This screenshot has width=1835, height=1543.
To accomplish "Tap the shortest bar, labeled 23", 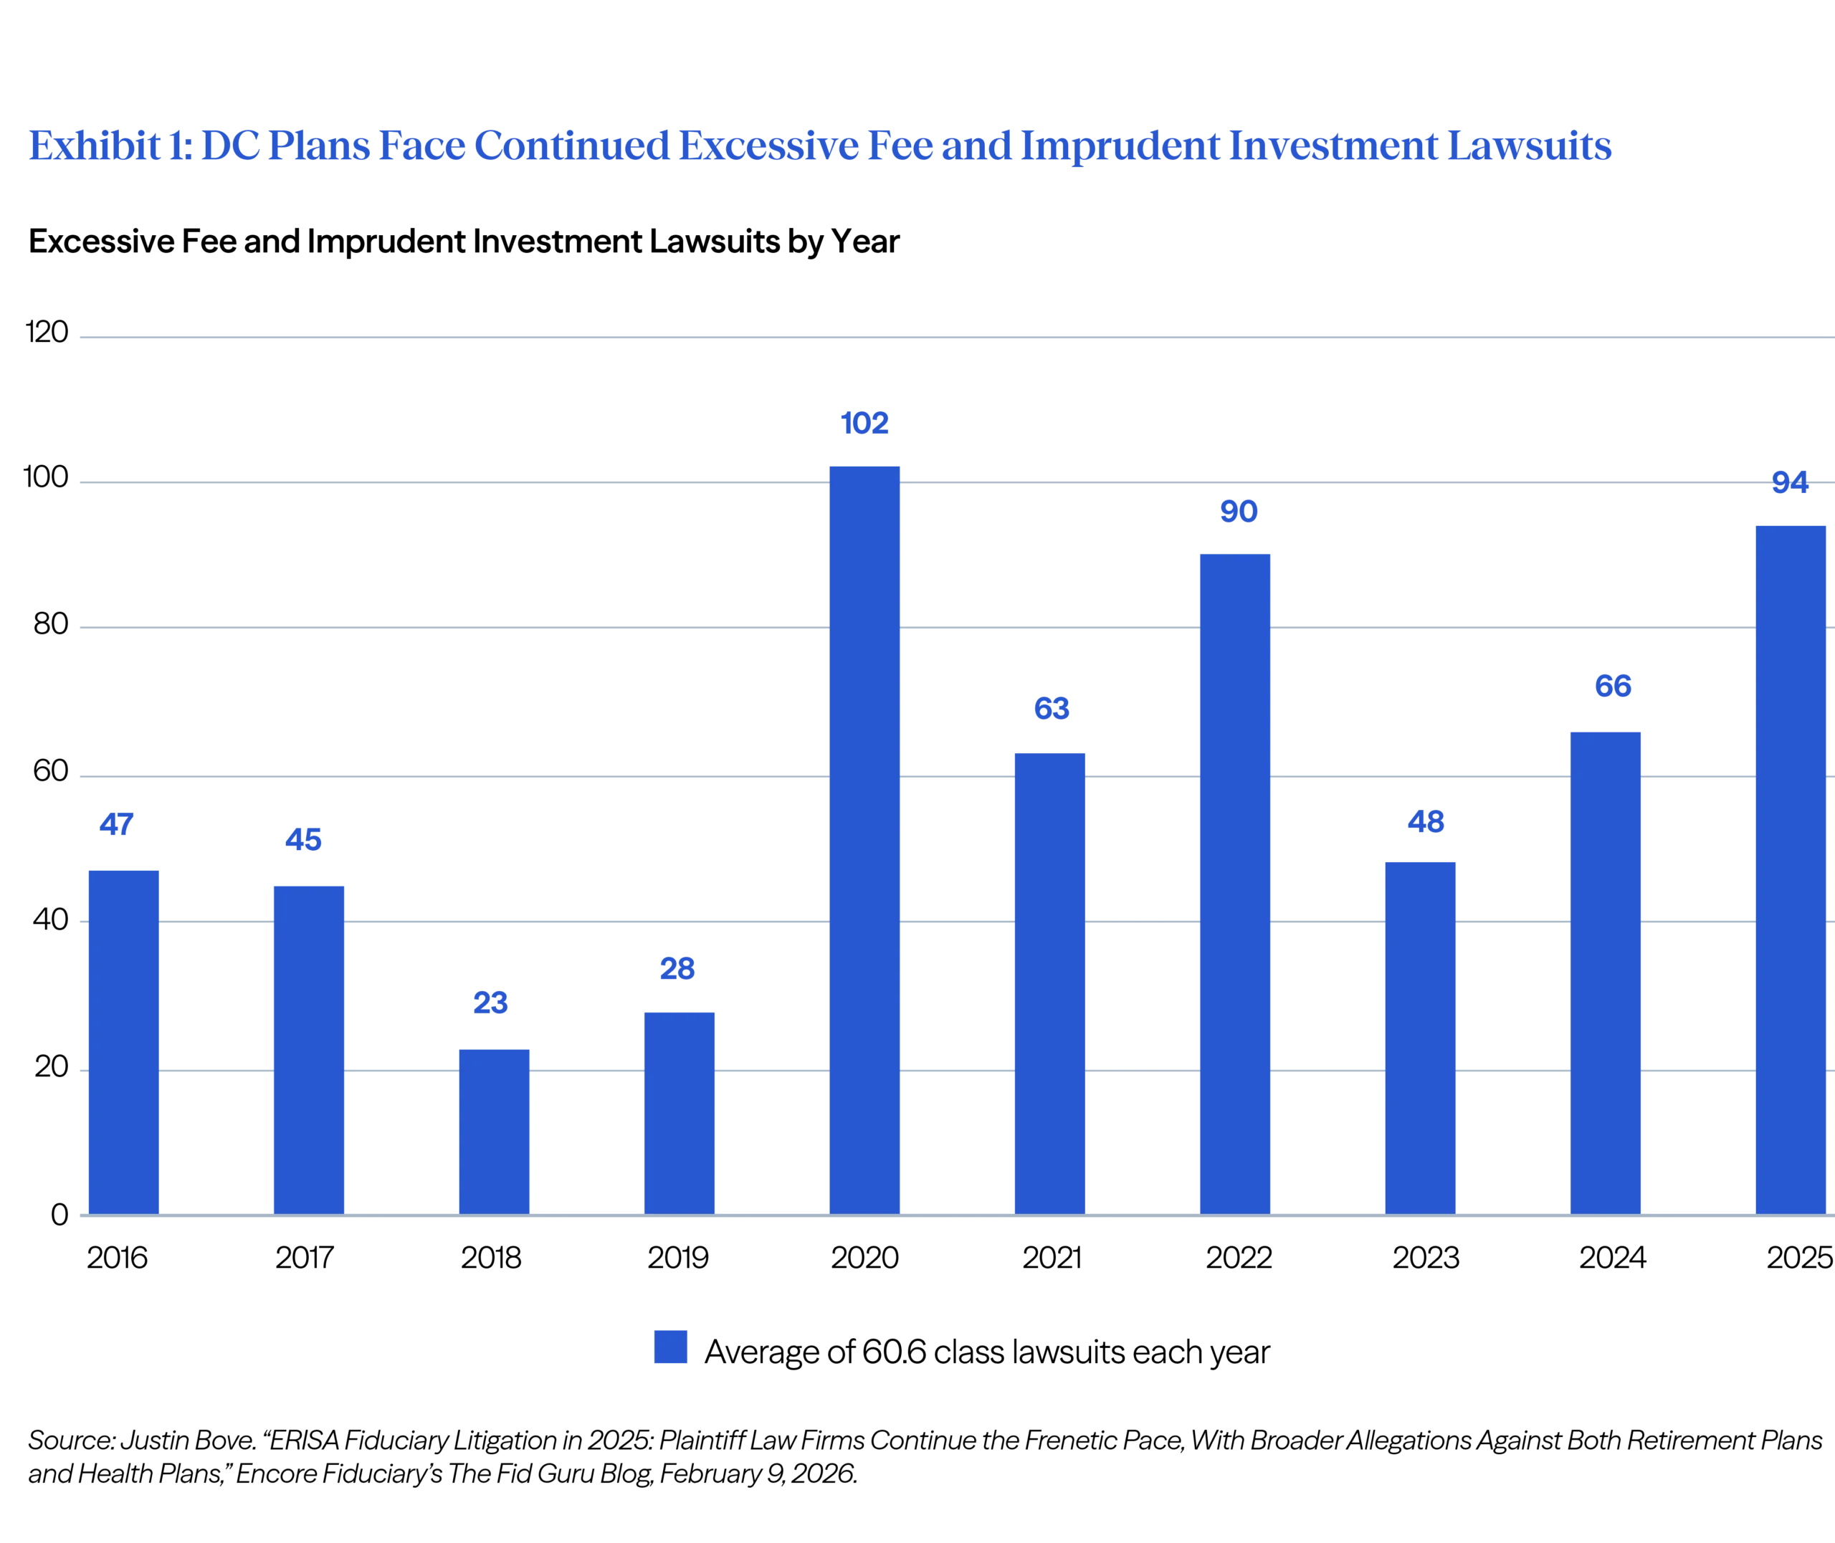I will [495, 1128].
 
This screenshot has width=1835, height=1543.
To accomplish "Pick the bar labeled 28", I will [679, 1111].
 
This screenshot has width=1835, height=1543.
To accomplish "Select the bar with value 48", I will [1419, 1036].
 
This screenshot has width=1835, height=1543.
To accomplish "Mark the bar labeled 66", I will [1606, 971].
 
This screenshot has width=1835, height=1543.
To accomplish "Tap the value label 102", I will [863, 423].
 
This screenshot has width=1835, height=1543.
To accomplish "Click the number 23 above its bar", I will [490, 1001].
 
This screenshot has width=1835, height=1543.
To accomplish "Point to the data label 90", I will [1239, 512].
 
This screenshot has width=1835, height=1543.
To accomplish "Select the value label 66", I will [1614, 687].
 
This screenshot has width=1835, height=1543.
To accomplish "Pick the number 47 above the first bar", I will [118, 824].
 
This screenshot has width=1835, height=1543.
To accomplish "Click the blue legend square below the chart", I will [671, 1344].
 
